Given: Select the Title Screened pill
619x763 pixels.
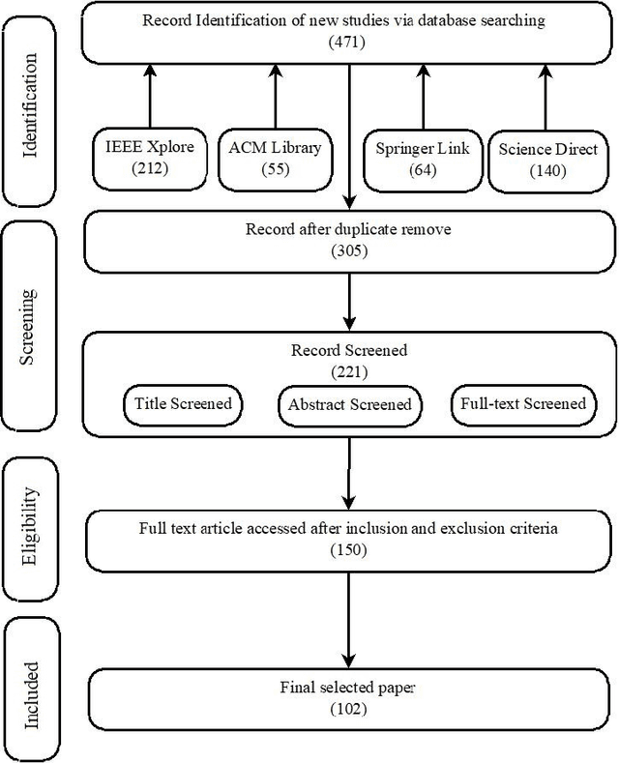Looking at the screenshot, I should (x=183, y=403).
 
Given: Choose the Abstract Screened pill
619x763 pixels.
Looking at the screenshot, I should (x=349, y=404).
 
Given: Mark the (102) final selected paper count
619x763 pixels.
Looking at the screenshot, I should (x=346, y=708).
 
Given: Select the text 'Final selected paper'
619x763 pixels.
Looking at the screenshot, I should (x=346, y=689).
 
